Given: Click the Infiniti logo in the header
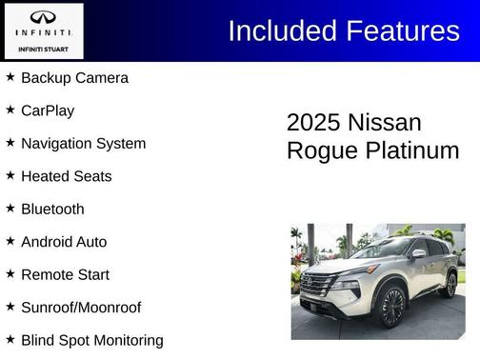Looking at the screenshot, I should pyautogui.click(x=44, y=19).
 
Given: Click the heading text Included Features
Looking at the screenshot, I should pyautogui.click(x=344, y=30).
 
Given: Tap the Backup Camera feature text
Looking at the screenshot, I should pyautogui.click(x=74, y=78).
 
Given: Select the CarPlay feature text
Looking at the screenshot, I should pyautogui.click(x=48, y=110).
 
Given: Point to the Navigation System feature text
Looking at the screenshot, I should pyautogui.click(x=83, y=144).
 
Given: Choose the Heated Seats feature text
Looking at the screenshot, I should pyautogui.click(x=66, y=176).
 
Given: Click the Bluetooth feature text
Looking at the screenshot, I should pyautogui.click(x=52, y=210).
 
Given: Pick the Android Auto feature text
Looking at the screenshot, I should pyautogui.click(x=64, y=242).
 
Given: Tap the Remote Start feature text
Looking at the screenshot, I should pyautogui.click(x=65, y=275).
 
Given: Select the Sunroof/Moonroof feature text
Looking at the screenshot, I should pyautogui.click(x=81, y=308).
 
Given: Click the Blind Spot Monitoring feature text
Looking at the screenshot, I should pyautogui.click(x=91, y=340).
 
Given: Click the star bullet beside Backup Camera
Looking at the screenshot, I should pyautogui.click(x=10, y=76).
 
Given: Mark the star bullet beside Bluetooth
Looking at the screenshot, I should pyautogui.click(x=10, y=208).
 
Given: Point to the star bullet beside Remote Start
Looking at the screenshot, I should pyautogui.click(x=10, y=273).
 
